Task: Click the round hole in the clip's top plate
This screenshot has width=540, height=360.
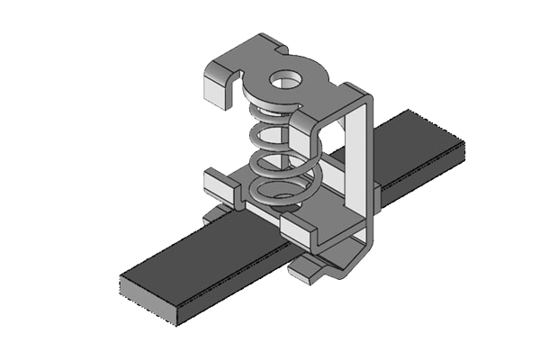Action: tap(287, 80)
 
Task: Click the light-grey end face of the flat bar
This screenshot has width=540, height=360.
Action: tap(148, 301)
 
